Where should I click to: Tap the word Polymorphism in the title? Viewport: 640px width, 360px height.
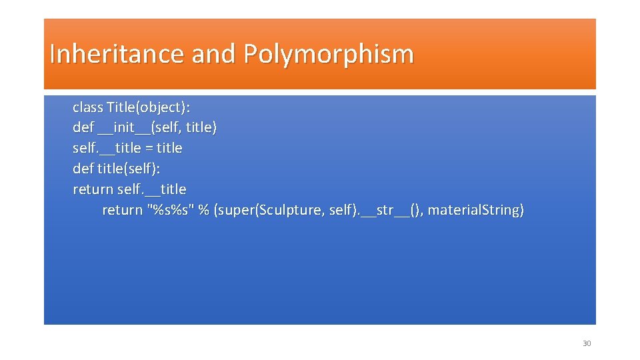tap(328, 54)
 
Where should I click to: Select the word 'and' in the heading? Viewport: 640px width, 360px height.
tap(213, 54)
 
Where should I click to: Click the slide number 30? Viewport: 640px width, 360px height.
tap(587, 343)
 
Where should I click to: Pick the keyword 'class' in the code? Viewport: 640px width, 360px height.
tap(87, 107)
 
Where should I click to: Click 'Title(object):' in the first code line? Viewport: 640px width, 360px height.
tap(153, 107)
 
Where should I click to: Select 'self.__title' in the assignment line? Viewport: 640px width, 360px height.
tap(109, 148)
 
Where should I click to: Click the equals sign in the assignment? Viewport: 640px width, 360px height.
tap(151, 148)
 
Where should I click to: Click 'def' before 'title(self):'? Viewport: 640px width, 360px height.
tap(83, 169)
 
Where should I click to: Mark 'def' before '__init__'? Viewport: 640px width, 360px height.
tap(83, 127)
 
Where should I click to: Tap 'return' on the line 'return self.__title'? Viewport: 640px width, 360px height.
tap(93, 189)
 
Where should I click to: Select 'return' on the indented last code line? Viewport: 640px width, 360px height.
tap(122, 210)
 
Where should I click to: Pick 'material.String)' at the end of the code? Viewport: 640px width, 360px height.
tap(475, 210)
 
